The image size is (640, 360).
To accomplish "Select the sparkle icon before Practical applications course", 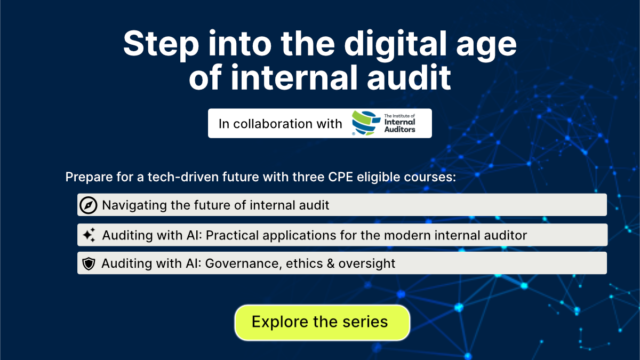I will click(89, 235).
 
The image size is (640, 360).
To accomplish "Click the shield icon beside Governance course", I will click(89, 263).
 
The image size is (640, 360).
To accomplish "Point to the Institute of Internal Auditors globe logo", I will click(365, 124).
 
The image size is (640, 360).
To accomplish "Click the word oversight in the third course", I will click(373, 263).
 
